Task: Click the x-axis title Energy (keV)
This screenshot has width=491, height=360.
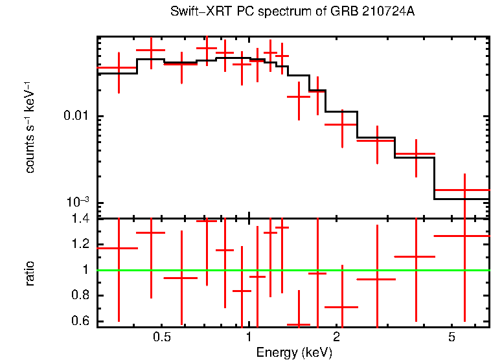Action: point(294,352)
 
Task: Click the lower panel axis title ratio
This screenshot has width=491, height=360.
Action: point(30,272)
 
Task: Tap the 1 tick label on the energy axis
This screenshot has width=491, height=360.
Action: point(249,337)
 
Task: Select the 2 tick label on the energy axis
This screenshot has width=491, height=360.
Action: point(337,337)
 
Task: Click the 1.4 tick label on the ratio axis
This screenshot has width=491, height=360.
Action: point(82,219)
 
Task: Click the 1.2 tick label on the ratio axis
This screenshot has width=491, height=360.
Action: point(82,244)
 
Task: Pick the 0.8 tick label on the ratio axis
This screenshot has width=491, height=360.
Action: point(82,296)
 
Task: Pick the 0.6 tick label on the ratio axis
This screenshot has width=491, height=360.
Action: point(82,321)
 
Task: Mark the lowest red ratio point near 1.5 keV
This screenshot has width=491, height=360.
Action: point(299,324)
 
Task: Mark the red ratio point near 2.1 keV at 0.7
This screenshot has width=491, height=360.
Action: point(341,307)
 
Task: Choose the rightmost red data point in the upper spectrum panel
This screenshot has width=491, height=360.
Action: point(465,190)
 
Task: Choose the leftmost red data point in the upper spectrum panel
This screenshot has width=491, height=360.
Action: point(119,67)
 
